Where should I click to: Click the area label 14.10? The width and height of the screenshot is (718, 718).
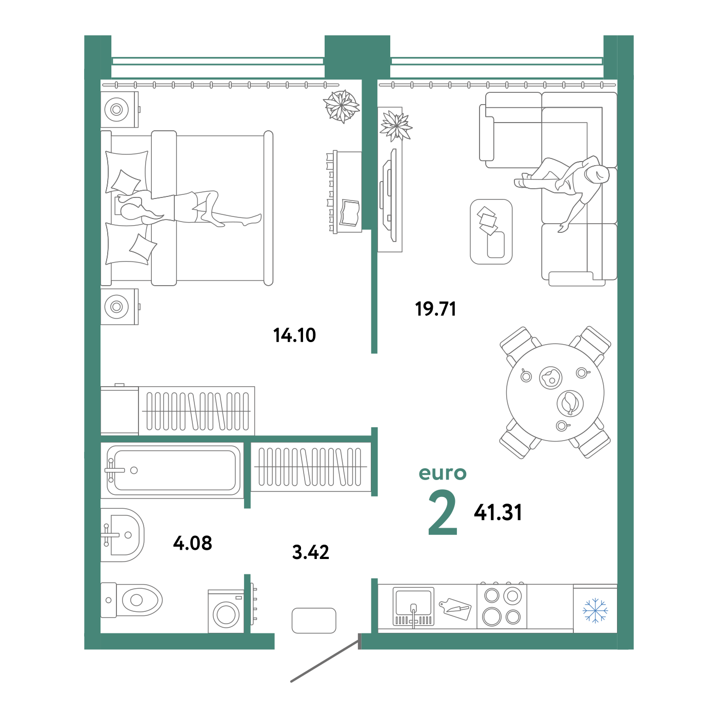coord(294,335)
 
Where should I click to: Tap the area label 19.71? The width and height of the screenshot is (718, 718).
coord(435,309)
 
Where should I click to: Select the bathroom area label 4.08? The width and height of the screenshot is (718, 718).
coord(193,543)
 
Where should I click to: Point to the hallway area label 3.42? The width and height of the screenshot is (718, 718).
coord(311,552)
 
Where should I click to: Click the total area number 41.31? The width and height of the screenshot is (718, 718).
coord(498,512)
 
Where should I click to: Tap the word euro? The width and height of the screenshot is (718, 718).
coord(443,473)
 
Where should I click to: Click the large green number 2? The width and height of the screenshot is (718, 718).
coord(443,512)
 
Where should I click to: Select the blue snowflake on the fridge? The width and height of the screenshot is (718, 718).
coord(595,610)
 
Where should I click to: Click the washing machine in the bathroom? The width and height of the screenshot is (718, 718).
coord(226,611)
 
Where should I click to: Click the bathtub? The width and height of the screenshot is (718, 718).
coord(172,470)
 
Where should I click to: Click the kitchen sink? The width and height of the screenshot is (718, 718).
coord(413,606)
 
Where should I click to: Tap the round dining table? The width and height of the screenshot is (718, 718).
coord(555,392)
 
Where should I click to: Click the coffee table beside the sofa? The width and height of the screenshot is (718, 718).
coord(491,232)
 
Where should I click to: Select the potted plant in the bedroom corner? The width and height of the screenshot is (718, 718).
coord(341,106)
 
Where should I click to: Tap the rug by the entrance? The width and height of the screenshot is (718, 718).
coord(314,621)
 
